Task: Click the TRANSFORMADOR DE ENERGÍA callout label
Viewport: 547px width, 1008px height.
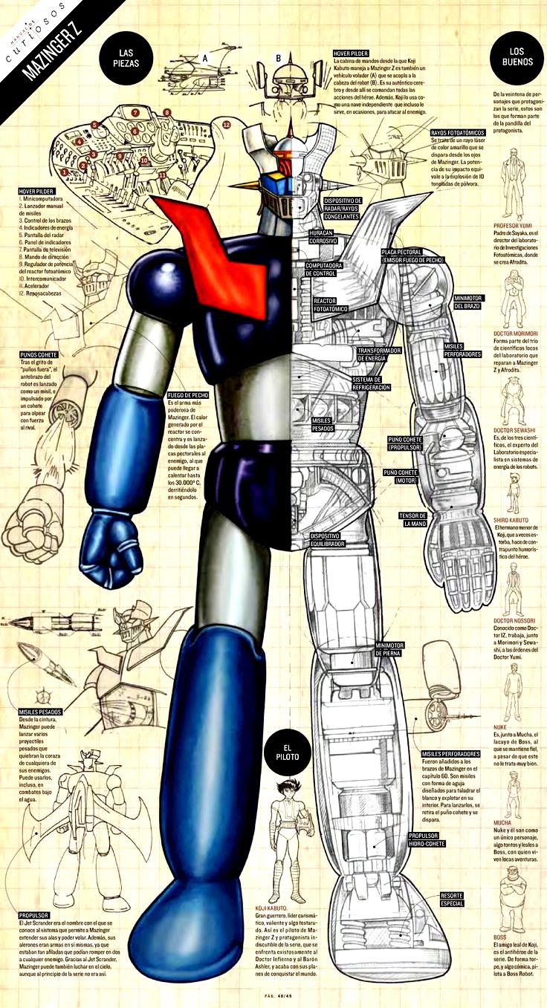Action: click(380, 354)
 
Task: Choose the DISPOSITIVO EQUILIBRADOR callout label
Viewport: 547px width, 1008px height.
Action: click(326, 539)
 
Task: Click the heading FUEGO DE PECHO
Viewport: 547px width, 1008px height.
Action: click(187, 394)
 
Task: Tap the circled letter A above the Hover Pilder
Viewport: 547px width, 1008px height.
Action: click(206, 57)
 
